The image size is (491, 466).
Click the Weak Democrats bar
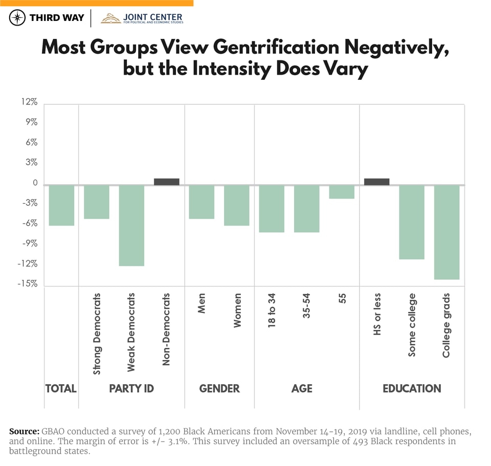coord(131,226)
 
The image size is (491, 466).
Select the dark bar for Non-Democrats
coord(167,182)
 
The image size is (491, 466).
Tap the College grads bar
coord(447,232)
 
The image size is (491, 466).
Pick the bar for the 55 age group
coord(342,192)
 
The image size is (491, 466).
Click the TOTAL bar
coord(61,205)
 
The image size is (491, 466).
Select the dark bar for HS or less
coord(376,182)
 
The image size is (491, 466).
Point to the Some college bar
coord(412,222)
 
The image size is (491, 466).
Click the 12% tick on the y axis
coord(30,103)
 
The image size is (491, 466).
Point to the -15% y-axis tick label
coord(29,284)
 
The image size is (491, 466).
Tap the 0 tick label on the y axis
coord(34,183)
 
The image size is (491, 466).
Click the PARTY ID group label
coord(131,389)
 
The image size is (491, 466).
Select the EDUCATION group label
coord(412,389)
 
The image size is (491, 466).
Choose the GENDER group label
coord(219,389)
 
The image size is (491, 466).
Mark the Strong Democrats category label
coord(97,334)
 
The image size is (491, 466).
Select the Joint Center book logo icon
coord(110,18)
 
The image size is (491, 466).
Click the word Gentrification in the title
coord(276,47)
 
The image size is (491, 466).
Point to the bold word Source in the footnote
coord(23,432)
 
